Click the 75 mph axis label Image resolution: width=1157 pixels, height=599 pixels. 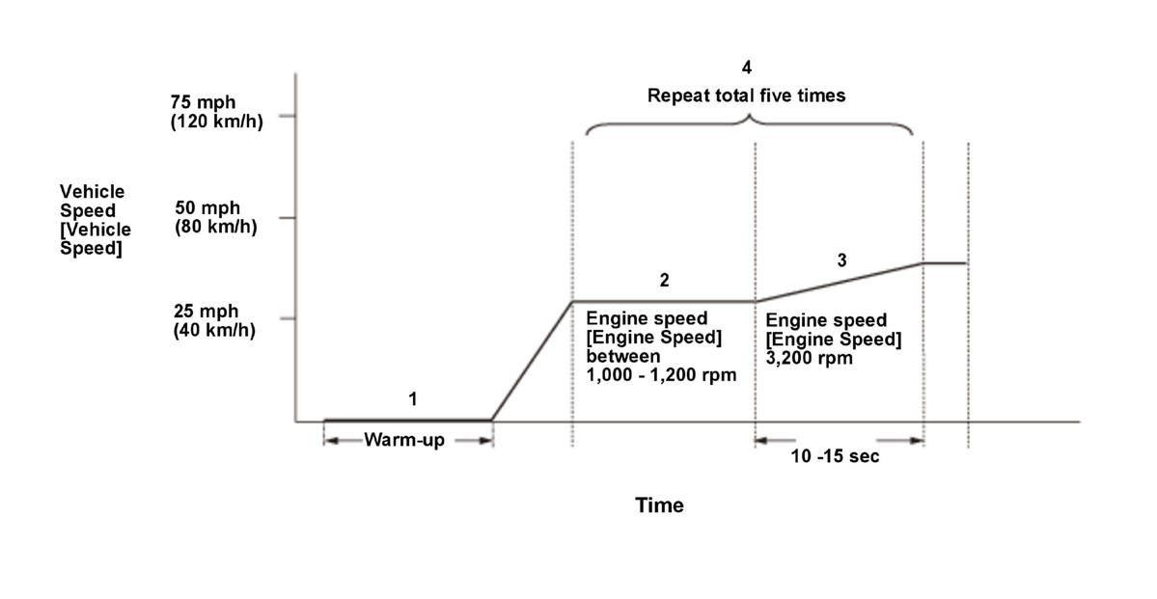pos(203,103)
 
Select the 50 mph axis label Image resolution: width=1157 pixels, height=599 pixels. pos(207,207)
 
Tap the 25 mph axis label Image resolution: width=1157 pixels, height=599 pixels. pos(207,312)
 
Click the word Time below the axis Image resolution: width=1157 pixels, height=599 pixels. pos(659,505)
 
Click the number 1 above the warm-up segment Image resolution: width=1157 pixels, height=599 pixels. pos(413,397)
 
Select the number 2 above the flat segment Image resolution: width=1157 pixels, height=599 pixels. pos(664,281)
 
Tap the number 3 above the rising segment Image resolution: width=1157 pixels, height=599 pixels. pos(841,259)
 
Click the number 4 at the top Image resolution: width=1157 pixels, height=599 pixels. pos(746,68)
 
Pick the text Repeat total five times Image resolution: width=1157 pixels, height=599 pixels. pos(746,95)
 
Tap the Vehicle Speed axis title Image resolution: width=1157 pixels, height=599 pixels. pos(95,220)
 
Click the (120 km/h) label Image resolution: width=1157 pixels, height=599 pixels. pos(216,122)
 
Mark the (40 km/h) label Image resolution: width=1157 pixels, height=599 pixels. pos(214,330)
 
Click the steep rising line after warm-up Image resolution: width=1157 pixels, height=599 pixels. pos(532,362)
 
